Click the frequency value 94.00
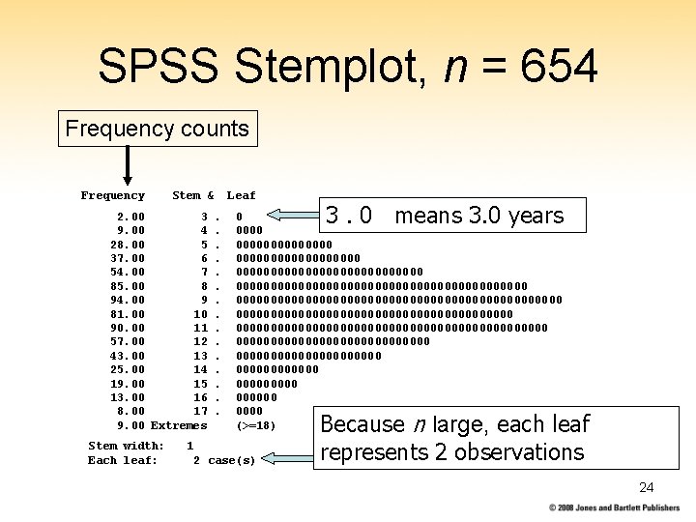[x=130, y=300]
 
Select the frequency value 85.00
[x=130, y=286]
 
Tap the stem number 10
[x=201, y=314]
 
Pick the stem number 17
[x=201, y=412]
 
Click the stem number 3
[x=204, y=217]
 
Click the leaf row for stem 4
[x=249, y=231]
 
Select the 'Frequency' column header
[x=112, y=195]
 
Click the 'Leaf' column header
[x=241, y=195]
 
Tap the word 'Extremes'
[x=179, y=425]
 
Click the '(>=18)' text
[x=256, y=425]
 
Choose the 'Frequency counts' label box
[x=158, y=128]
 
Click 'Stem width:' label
[x=126, y=446]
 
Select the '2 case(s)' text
[x=224, y=460]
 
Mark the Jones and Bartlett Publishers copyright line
[x=614, y=507]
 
